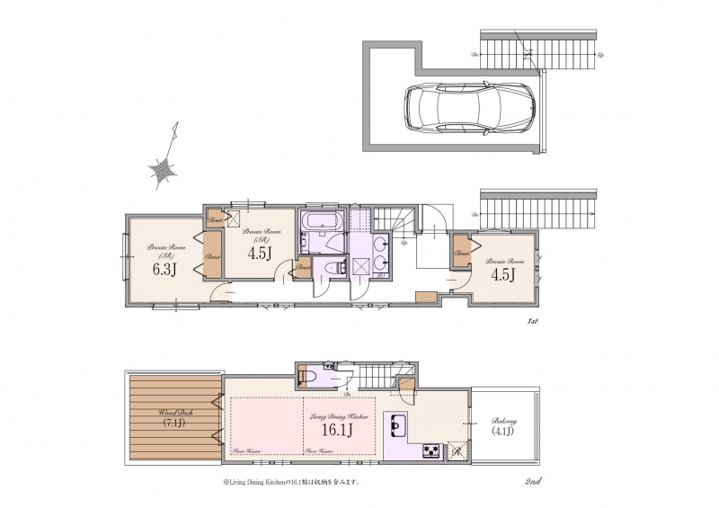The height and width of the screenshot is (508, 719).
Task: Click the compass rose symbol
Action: (x=164, y=167)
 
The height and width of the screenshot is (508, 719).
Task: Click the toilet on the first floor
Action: (x=337, y=268)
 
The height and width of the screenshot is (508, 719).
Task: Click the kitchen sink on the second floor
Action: (x=396, y=423)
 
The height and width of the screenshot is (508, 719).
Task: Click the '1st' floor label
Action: (x=532, y=321)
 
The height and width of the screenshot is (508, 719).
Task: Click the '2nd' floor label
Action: (x=532, y=484)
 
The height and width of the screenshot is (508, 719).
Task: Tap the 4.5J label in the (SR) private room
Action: (x=260, y=254)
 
